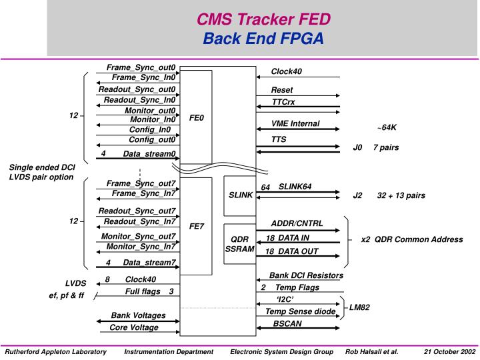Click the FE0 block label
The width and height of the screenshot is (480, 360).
[x=197, y=118]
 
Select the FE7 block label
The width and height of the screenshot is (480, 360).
[x=197, y=226]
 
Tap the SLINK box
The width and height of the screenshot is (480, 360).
[x=241, y=195]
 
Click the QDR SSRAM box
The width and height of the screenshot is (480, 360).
[x=239, y=243]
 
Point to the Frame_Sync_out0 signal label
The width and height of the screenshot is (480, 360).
[x=141, y=68]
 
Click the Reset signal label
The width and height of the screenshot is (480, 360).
[x=281, y=90]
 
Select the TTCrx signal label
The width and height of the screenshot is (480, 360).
[x=283, y=101]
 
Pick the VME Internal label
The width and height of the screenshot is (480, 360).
[x=295, y=123]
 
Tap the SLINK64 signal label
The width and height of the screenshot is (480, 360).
[x=295, y=187]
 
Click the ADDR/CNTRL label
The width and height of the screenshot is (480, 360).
[x=296, y=223]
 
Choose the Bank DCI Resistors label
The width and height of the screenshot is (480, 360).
[x=306, y=275]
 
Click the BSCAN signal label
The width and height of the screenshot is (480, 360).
[x=287, y=323]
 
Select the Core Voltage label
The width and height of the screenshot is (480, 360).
[x=134, y=327]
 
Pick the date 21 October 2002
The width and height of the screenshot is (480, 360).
[x=449, y=351]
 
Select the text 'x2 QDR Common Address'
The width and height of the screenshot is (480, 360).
[x=411, y=239]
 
